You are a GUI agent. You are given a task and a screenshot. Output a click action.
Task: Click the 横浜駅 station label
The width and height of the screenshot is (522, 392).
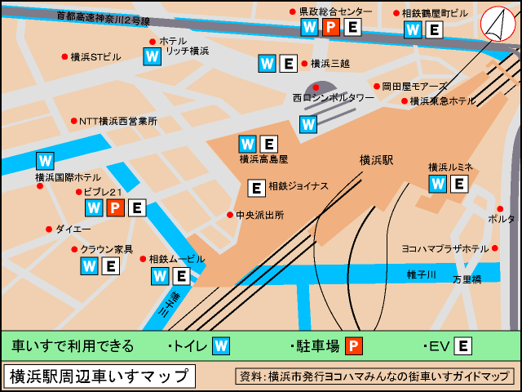click(376, 161)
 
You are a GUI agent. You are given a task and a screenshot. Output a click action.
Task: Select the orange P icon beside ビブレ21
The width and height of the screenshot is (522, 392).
click(115, 208)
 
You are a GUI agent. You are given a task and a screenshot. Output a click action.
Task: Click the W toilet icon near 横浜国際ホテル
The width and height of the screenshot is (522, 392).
click(46, 161)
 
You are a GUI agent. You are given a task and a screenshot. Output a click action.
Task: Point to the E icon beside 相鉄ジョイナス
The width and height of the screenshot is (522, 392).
click(256, 189)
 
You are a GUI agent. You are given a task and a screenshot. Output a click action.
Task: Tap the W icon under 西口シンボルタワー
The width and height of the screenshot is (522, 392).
click(308, 125)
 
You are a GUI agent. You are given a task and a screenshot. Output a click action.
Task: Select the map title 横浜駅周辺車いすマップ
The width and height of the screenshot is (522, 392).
click(100, 376)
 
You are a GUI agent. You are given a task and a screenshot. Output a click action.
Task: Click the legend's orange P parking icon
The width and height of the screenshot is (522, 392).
click(353, 346)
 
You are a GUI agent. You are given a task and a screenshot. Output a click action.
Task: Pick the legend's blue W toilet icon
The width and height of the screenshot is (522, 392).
click(221, 346)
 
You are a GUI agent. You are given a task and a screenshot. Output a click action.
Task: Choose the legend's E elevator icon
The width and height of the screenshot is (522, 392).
click(462, 346)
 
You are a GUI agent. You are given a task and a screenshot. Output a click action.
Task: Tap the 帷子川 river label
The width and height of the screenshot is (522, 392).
click(422, 275)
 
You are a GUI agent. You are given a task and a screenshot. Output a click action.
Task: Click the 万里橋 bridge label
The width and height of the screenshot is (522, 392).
click(467, 279)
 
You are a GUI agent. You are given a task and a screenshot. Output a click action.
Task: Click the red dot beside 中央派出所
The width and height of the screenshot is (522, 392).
click(230, 216)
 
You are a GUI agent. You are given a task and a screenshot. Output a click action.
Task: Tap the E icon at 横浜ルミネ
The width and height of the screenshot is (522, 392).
click(459, 184)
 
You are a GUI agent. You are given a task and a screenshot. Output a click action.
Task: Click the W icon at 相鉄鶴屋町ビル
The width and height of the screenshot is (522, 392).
click(414, 30)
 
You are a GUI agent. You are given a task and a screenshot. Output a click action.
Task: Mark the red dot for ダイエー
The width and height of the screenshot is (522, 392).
click(49, 229)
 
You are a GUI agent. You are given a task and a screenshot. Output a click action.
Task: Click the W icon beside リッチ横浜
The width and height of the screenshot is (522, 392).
click(153, 56)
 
